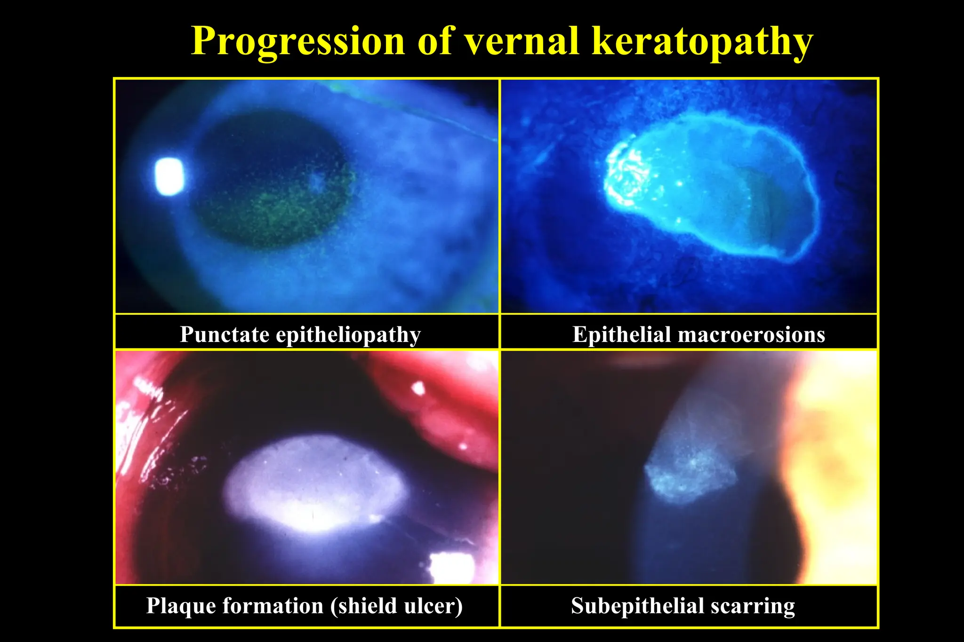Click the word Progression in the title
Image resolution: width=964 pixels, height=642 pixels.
pos(297,41)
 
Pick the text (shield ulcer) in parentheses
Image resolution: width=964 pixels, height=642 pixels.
pos(396,606)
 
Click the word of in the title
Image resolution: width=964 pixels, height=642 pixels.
pos(435,40)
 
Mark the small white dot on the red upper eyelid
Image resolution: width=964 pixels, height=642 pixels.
pos(418,388)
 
